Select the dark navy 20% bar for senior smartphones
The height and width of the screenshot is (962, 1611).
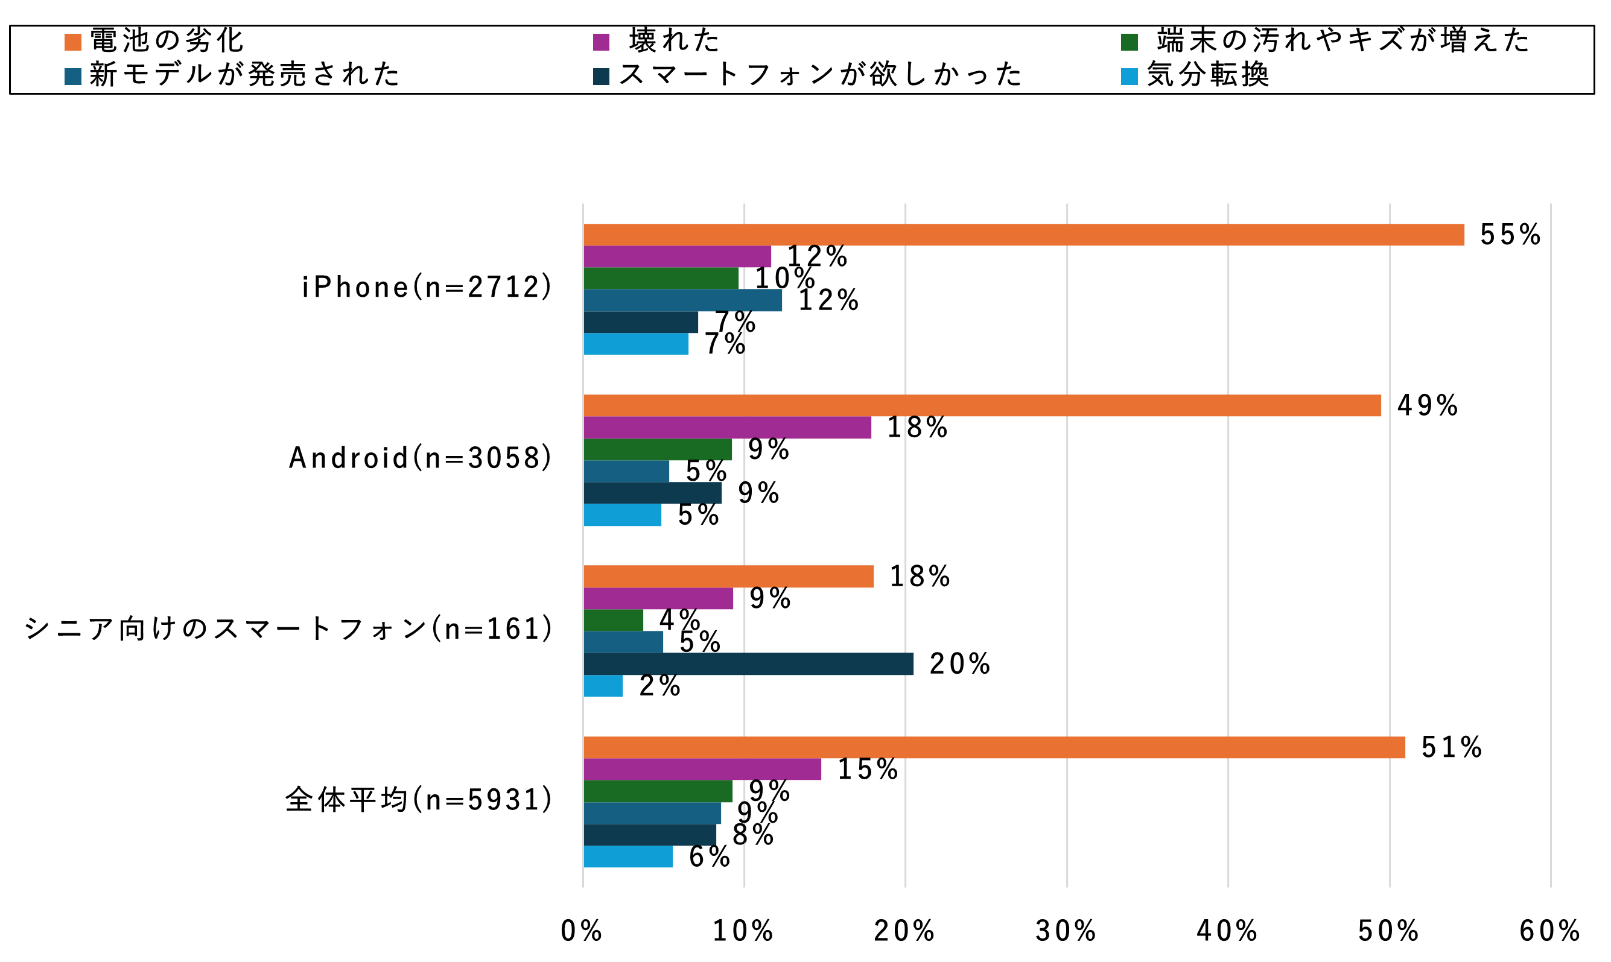(748, 664)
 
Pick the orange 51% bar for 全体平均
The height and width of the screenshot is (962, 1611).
(994, 747)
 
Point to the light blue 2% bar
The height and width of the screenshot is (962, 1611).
(603, 686)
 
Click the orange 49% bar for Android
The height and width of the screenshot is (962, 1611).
(982, 405)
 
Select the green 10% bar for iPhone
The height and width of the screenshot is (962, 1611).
(661, 278)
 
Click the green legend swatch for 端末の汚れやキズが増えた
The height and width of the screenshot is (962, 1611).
(1130, 42)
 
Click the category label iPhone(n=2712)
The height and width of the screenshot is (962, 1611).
(427, 287)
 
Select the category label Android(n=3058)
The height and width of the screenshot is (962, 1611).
(420, 458)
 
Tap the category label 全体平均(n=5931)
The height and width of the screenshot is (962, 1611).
(419, 800)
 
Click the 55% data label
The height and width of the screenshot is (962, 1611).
(1510, 235)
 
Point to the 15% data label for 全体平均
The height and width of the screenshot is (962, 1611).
(868, 770)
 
